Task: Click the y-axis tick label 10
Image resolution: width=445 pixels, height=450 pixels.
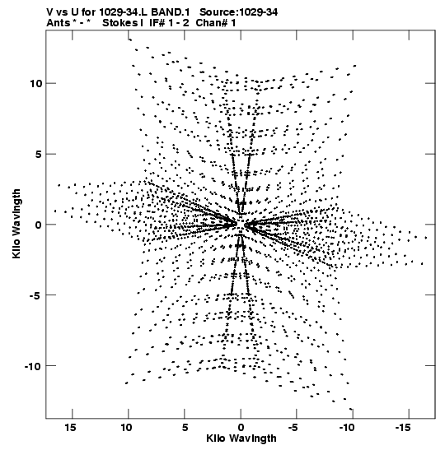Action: tap(35, 84)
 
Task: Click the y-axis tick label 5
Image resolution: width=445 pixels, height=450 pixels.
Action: tap(39, 154)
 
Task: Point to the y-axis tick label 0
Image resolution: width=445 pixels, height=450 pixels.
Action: tap(39, 225)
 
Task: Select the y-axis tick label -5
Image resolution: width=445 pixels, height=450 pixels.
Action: tap(36, 295)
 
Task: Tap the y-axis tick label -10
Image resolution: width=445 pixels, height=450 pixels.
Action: tap(33, 366)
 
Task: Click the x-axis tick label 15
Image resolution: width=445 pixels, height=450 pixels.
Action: tap(70, 428)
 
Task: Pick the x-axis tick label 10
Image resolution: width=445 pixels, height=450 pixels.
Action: tap(126, 428)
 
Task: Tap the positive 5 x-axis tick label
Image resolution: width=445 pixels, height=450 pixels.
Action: tap(185, 428)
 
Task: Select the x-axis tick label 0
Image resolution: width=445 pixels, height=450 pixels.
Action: tap(241, 428)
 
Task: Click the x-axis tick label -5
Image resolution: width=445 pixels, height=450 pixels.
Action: tap(293, 428)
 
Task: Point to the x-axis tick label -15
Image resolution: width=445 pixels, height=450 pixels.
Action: tap(402, 428)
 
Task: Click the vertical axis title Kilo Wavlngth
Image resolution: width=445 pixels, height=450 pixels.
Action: tap(16, 224)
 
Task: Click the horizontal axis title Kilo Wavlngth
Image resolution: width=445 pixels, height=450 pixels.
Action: tap(241, 438)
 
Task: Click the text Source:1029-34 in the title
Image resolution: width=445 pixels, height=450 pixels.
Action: tap(239, 12)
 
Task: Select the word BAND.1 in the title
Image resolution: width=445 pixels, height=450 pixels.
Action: tap(171, 12)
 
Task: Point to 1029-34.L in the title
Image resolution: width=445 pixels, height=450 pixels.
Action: tap(124, 12)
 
